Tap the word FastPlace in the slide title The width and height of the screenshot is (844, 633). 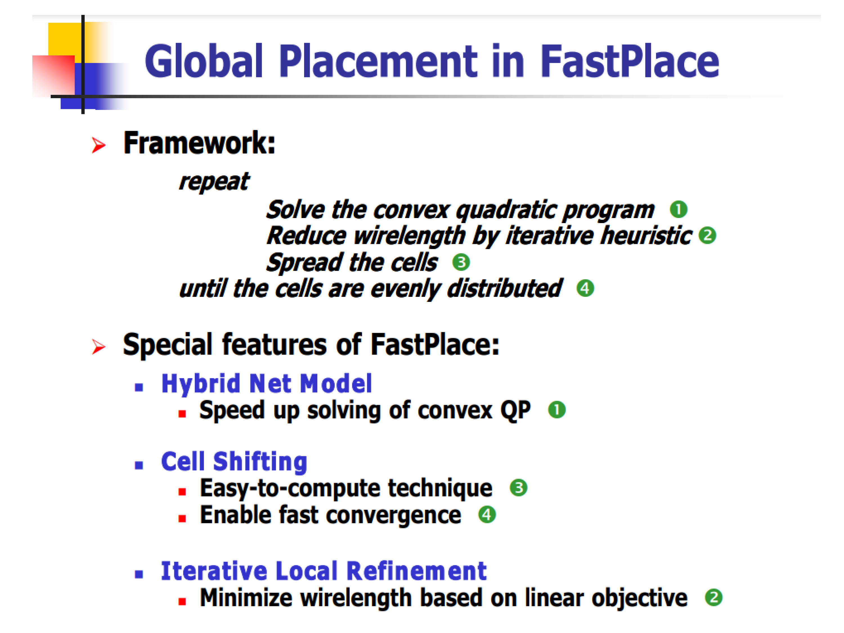pos(630,61)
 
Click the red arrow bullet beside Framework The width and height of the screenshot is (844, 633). pos(98,145)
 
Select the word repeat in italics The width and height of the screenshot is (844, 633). pos(214,182)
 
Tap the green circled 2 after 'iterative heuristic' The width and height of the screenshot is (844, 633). pos(707,235)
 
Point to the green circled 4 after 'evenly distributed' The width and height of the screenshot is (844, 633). pos(585,288)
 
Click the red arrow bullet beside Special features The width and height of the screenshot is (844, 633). pos(98,346)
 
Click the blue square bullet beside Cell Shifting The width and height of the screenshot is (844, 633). pos(139,465)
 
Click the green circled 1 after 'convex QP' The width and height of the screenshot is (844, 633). pos(557,410)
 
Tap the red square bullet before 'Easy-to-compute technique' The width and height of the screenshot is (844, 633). pos(182,492)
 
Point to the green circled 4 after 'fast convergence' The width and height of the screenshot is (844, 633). pos(487,515)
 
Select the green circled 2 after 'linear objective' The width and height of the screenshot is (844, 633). pos(713,598)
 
